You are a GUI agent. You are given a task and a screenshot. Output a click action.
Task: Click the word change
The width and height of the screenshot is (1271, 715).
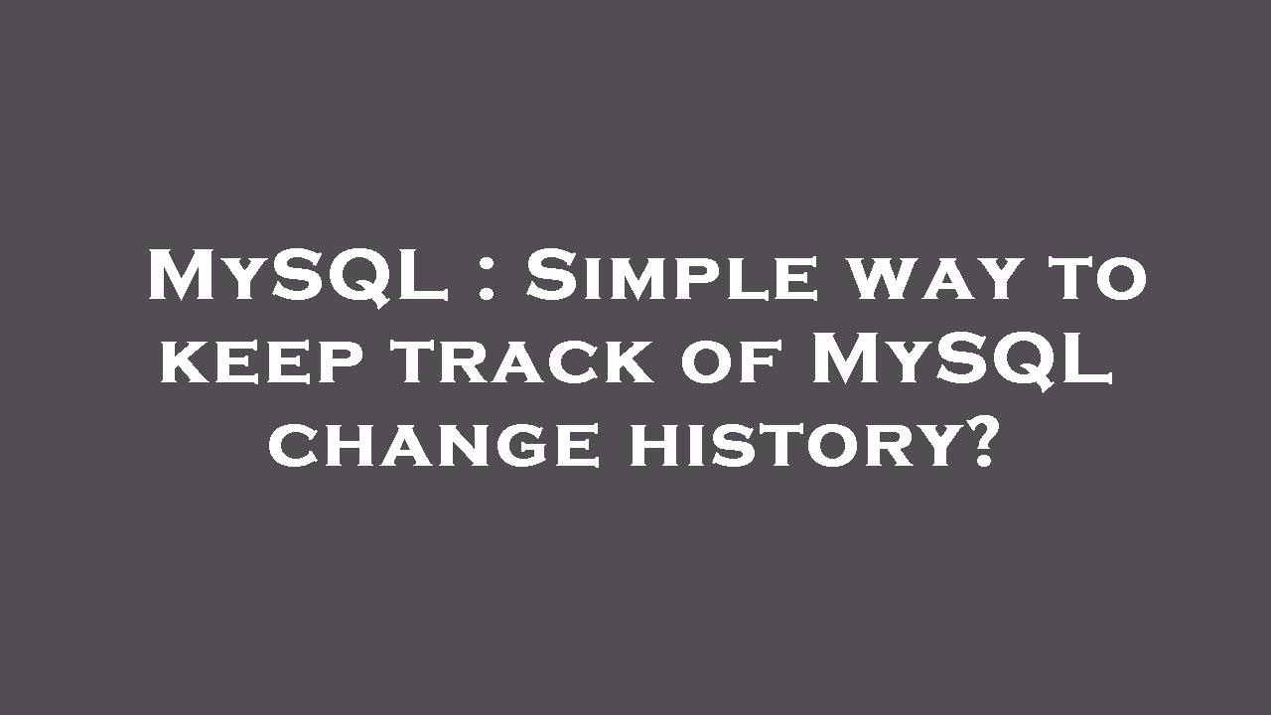[433, 444]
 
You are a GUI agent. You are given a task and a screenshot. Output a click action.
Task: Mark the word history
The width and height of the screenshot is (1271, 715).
[794, 444]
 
